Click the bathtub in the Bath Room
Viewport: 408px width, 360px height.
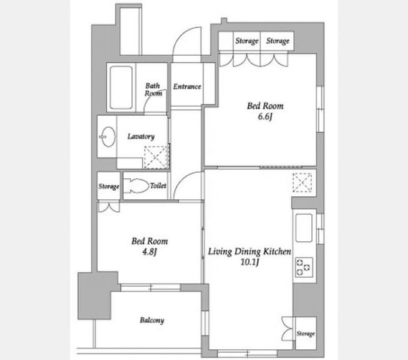click(x=121, y=88)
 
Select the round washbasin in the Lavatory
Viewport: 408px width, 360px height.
click(x=107, y=137)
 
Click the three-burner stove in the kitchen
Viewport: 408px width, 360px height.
click(x=304, y=267)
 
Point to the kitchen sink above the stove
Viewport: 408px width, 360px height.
click(x=304, y=228)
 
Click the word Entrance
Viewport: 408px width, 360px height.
click(x=187, y=86)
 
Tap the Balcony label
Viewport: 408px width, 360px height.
click(x=152, y=320)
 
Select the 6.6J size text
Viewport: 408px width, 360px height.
click(x=265, y=116)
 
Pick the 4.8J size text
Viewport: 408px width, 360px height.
click(x=149, y=252)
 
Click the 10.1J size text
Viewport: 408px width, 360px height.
click(x=250, y=262)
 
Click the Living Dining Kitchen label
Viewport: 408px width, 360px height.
click(x=250, y=251)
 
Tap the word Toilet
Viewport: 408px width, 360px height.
click(x=158, y=185)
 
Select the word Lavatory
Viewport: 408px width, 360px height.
click(x=141, y=136)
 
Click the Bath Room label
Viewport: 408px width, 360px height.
click(x=153, y=89)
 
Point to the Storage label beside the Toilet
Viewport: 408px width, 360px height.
click(x=109, y=186)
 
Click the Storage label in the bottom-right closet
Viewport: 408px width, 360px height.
click(x=305, y=334)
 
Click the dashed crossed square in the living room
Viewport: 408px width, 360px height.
click(x=302, y=182)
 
